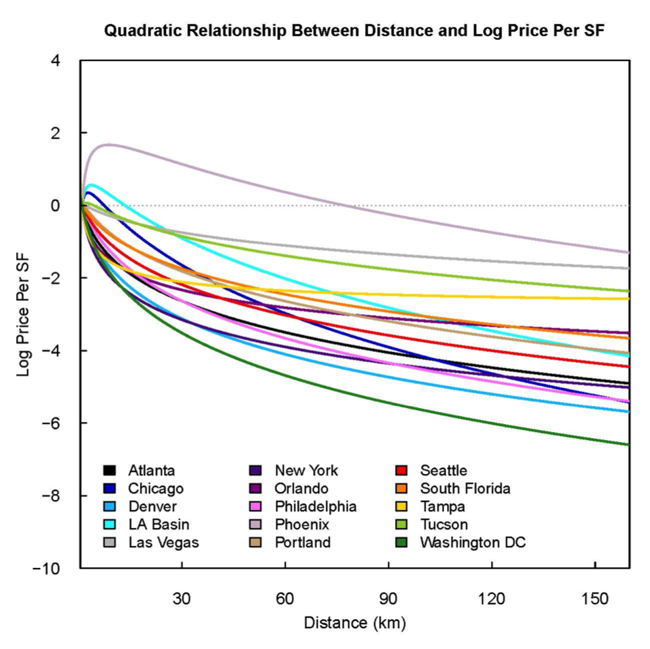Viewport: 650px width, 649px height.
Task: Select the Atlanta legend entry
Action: tap(152, 471)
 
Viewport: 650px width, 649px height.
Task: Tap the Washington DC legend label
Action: tap(473, 542)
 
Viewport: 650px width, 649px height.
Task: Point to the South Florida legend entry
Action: tap(465, 489)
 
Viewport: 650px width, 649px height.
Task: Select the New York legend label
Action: tap(307, 471)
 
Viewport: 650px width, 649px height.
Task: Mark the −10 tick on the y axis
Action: tap(50, 568)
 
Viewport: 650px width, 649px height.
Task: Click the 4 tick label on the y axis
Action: tap(56, 61)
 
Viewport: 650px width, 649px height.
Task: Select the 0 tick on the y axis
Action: tap(56, 206)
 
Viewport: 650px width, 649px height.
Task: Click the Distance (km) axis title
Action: tap(354, 624)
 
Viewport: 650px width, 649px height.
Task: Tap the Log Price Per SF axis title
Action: tap(24, 314)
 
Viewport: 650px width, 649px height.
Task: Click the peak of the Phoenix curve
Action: tap(109, 144)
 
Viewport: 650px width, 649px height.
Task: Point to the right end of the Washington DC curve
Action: tap(629, 444)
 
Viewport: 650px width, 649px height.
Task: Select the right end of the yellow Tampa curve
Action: tap(629, 298)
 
